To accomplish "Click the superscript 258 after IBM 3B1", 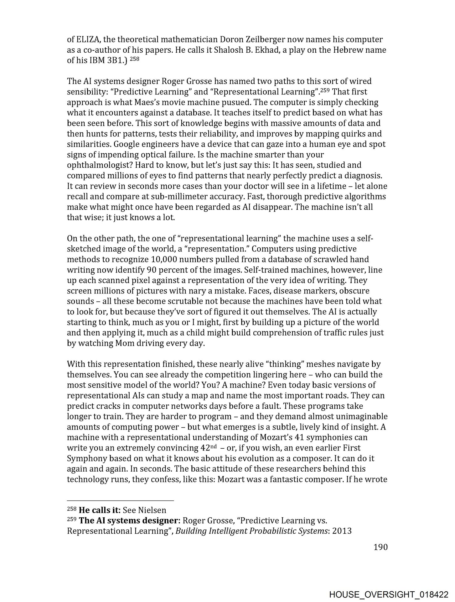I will pyautogui.click(x=134, y=59).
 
